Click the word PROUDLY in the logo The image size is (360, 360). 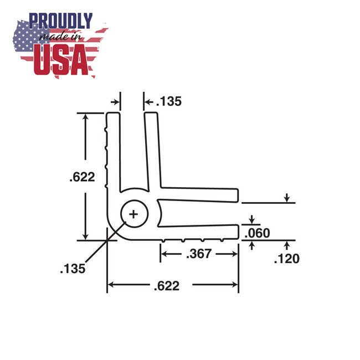pos(61,21)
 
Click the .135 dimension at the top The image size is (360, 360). pos(168,102)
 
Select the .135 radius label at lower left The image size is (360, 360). pos(73,269)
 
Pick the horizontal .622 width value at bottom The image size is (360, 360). pos(167,286)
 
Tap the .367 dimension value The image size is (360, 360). pos(198,254)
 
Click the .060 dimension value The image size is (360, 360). pos(258,233)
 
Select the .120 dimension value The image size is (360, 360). pos(287,258)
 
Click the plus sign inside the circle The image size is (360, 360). pos(134,213)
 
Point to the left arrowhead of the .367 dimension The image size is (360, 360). pos(163,254)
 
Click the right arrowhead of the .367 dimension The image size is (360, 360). pos(235,254)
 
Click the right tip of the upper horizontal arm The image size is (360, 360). pos(238,195)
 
